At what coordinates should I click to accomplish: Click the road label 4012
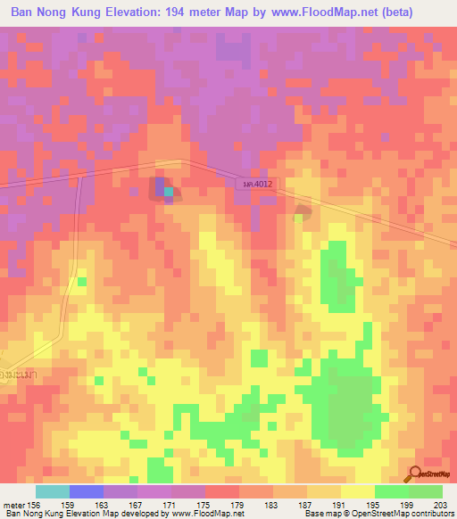click(257, 184)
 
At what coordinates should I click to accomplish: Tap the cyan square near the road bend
click(168, 192)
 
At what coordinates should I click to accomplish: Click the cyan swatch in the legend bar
click(52, 491)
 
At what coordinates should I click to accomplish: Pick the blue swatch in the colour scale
click(86, 491)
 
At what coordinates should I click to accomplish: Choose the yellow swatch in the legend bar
click(357, 491)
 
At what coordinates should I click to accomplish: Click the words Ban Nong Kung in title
click(49, 12)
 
